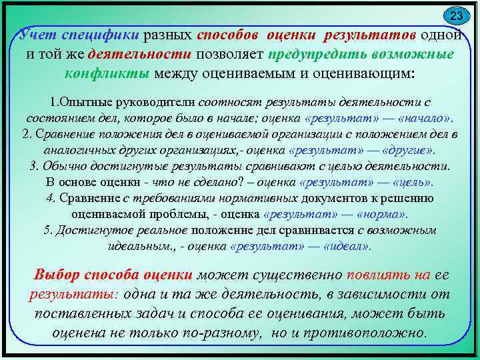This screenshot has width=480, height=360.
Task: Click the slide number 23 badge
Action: point(456,15)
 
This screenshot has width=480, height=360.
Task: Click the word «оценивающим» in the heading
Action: point(365,72)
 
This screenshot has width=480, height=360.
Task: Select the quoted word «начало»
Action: point(423,118)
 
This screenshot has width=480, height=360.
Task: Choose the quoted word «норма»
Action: point(381,214)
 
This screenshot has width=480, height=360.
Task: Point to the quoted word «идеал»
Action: point(347,245)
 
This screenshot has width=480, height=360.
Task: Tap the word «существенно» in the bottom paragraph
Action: point(291,275)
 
